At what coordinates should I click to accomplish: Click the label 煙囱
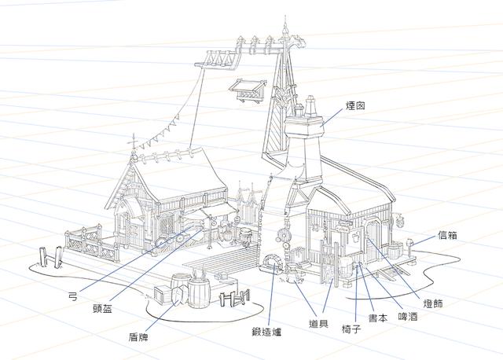[x=355, y=106]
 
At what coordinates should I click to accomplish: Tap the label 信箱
[x=447, y=236]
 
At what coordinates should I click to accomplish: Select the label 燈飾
[x=433, y=303]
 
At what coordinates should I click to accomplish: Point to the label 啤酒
[x=408, y=317]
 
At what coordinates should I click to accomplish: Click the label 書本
[x=378, y=318]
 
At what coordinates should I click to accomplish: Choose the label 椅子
[x=351, y=329]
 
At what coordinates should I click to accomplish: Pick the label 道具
[x=318, y=323]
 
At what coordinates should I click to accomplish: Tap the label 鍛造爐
[x=266, y=332]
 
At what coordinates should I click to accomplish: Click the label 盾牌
[x=138, y=337]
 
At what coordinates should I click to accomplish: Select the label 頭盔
[x=102, y=309]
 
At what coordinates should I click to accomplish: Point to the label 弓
[x=73, y=296]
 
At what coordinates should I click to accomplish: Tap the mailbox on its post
[x=409, y=243]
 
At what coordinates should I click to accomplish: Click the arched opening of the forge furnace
[x=271, y=261]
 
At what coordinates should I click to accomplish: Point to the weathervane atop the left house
[x=134, y=143]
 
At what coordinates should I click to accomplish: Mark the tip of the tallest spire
[x=285, y=16]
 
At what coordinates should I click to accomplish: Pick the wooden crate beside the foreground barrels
[x=163, y=295]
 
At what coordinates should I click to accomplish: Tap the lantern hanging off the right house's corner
[x=401, y=221]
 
